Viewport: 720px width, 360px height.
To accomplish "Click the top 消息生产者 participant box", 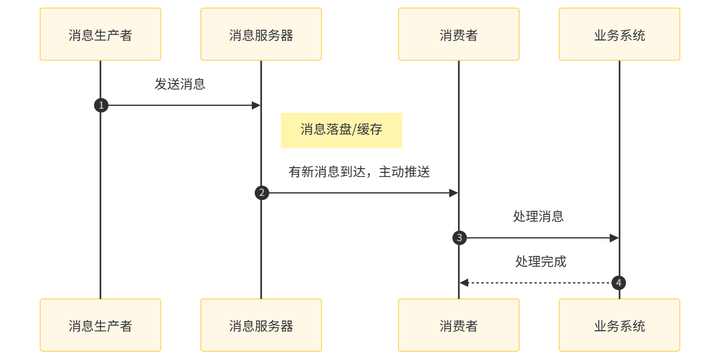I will point(101,34).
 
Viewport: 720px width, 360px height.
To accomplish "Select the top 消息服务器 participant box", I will point(261,34).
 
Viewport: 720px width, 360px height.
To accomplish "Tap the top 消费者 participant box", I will point(459,34).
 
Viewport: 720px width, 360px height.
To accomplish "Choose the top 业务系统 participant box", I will point(619,34).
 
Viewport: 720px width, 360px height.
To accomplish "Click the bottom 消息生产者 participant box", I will point(101,325).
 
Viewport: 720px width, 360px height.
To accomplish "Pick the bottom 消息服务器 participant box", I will point(261,325).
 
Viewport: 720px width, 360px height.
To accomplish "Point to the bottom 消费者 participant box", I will point(459,325).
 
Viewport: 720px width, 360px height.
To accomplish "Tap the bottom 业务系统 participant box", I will point(619,325).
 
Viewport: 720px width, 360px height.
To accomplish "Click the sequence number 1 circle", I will point(101,106).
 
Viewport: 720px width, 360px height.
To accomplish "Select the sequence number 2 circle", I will point(262,193).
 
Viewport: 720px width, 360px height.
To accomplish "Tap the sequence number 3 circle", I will point(459,237).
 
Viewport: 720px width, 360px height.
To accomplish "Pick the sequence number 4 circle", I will point(618,283).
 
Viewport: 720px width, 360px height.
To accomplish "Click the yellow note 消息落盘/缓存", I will point(341,130).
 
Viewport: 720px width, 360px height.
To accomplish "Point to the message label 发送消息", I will point(180,85).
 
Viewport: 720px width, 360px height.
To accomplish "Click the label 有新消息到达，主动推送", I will point(359,172).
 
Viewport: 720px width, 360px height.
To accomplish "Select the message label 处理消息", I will point(538,216).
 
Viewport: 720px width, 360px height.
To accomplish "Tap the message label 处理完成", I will point(541,262).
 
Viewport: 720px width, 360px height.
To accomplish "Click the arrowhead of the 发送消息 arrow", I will point(257,106).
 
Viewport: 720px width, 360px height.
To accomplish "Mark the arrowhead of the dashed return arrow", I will point(463,283).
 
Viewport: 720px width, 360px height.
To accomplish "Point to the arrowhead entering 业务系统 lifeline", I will point(615,238).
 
